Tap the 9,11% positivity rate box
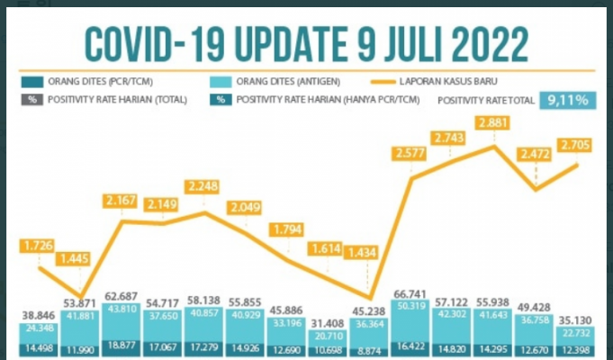567,100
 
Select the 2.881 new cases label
495,123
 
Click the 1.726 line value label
38,245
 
